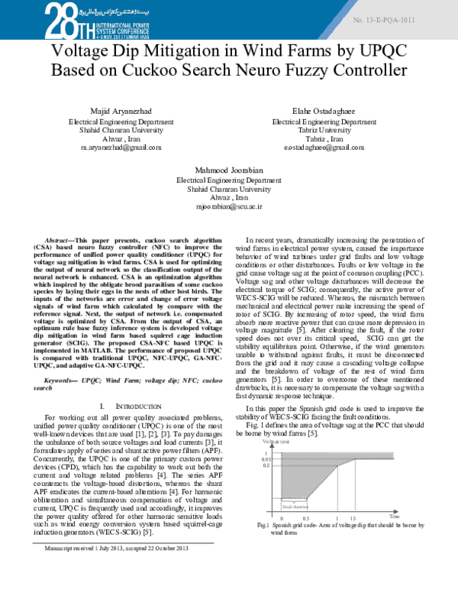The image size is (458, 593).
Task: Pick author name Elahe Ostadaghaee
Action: point(324,111)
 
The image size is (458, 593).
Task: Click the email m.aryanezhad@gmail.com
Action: point(121,147)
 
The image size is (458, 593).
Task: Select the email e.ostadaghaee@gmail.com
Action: point(324,147)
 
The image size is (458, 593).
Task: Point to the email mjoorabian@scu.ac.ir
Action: point(228,206)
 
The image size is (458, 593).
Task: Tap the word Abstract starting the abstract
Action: point(60,239)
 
